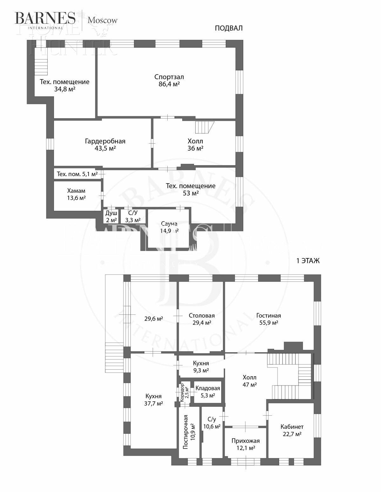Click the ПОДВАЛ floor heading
229,28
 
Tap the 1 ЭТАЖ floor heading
308,261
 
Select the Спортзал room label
169,77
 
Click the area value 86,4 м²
169,84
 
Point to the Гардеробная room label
105,141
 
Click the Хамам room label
76,191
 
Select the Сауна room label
169,224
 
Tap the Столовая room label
202,315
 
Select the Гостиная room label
269,315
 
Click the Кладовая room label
208,388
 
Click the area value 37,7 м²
154,403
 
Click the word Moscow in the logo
103,20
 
